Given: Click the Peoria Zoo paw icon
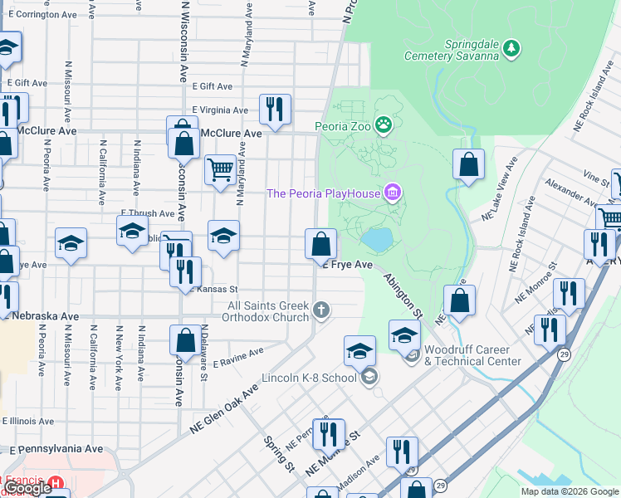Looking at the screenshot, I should [x=384, y=126].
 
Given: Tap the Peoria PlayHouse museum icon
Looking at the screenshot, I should [x=394, y=194].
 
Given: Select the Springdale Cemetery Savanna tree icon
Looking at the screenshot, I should [x=514, y=47].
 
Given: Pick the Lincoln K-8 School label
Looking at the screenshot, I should [x=309, y=378].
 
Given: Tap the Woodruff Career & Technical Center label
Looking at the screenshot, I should [x=472, y=355].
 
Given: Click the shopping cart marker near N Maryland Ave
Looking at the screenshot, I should [x=220, y=170].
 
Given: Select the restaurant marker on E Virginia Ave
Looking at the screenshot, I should [x=274, y=108].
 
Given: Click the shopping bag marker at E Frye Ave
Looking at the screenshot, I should [x=320, y=244].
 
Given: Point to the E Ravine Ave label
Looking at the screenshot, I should [x=238, y=358].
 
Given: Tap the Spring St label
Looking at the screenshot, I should [x=280, y=454].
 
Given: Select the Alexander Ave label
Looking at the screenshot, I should [x=565, y=197].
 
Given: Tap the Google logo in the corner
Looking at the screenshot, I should [x=27, y=489].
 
